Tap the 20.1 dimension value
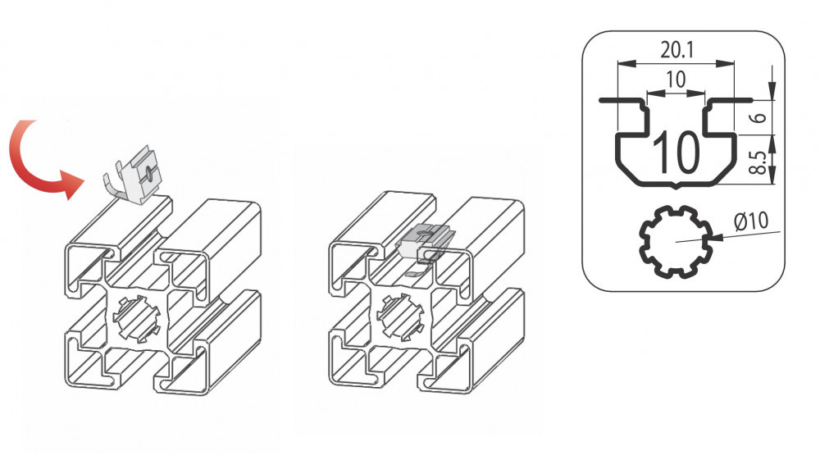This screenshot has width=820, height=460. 676,50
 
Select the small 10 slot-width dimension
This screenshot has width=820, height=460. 676,80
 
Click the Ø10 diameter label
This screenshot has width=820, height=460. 751,221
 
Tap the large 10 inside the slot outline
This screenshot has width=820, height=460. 676,152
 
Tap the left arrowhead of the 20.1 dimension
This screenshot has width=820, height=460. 626,63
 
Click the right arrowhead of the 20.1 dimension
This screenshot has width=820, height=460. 726,63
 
